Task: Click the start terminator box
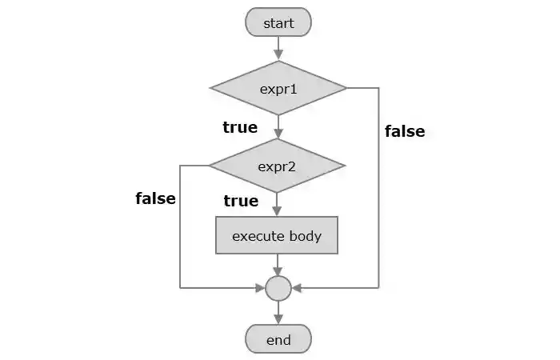278,23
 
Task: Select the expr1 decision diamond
278,88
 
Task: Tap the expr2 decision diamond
278,166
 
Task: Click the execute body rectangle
277,236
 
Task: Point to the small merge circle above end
278,287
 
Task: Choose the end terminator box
278,340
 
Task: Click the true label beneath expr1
240,127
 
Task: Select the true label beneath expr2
241,201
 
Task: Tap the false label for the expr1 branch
405,131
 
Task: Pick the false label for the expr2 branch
155,198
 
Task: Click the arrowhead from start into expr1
278,55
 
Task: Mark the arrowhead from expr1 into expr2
278,134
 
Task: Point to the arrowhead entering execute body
278,212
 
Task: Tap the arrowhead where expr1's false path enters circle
295,287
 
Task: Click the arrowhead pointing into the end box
278,320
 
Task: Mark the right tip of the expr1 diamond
346,88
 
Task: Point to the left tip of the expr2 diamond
210,166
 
